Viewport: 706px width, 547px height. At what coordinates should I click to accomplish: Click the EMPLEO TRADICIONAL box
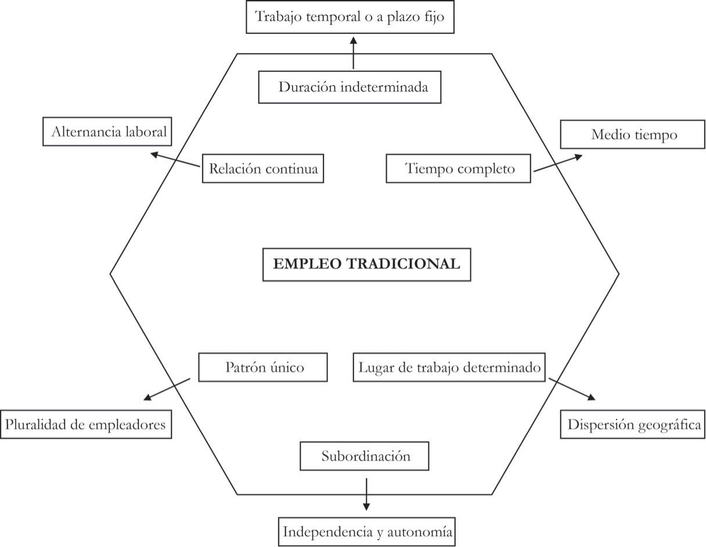(366, 264)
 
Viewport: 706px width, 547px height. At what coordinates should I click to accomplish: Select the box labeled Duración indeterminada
(350, 87)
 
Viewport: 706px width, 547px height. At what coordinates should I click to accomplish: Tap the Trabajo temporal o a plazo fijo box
(350, 17)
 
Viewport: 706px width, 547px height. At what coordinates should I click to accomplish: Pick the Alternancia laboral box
(107, 131)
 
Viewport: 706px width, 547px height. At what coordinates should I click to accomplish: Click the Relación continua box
(262, 169)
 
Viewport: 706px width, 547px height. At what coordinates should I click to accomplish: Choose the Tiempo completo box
(458, 169)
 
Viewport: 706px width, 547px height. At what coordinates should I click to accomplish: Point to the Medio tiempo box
(632, 134)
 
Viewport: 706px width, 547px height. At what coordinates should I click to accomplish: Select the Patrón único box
(262, 367)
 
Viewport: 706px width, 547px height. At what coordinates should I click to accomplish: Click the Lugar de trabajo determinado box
(449, 367)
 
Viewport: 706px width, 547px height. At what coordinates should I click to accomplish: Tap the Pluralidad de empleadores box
(85, 424)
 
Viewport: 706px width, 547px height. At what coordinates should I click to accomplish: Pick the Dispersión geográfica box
(632, 424)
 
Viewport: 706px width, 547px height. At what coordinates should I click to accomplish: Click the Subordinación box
(364, 456)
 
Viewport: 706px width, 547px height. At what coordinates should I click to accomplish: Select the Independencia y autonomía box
(366, 531)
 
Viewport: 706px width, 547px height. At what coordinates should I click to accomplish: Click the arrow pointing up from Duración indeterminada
(353, 53)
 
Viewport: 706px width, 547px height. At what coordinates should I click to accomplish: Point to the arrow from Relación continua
(175, 160)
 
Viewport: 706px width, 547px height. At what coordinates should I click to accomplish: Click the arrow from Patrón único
(167, 389)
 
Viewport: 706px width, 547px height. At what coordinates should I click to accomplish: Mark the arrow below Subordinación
(366, 494)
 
